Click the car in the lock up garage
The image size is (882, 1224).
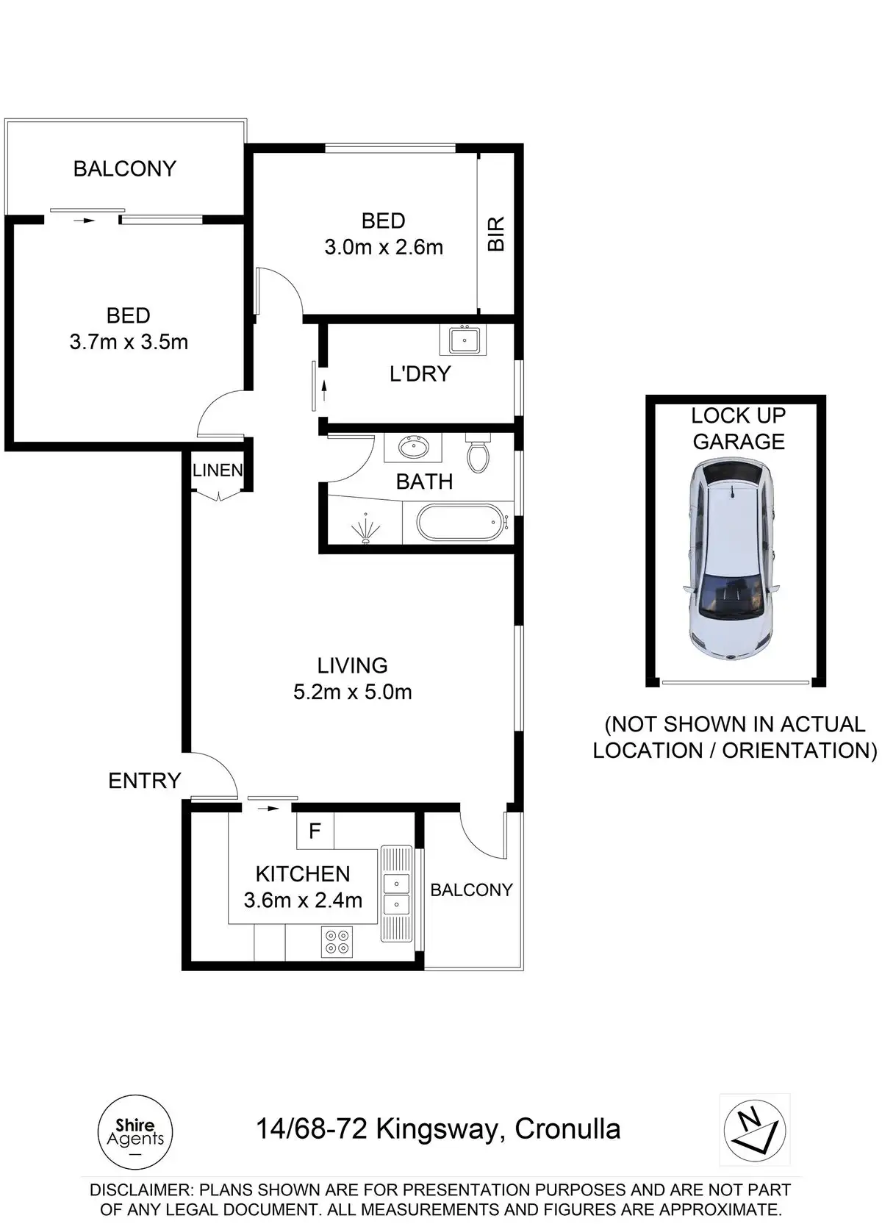tap(734, 559)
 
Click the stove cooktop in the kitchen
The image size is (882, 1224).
tap(337, 941)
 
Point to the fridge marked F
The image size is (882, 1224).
tap(315, 831)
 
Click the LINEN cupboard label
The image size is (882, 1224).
tap(218, 470)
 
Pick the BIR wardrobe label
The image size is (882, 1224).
tap(496, 234)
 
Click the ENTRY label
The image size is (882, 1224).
tap(145, 781)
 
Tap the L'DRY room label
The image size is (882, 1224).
tap(420, 374)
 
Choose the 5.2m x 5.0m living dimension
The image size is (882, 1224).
tap(352, 692)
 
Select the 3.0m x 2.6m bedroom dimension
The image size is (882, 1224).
tap(384, 247)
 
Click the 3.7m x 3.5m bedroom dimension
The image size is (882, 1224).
tap(129, 342)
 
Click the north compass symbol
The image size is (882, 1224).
tap(755, 1131)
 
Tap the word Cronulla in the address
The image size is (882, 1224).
tap(567, 1129)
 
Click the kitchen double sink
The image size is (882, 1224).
tap(396, 892)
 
